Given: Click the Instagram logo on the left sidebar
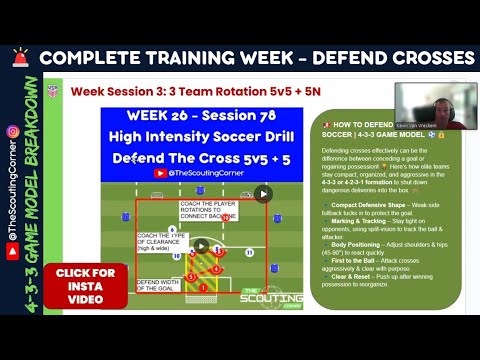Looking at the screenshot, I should [13, 131].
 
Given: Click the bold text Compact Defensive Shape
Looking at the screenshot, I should [370, 204].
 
